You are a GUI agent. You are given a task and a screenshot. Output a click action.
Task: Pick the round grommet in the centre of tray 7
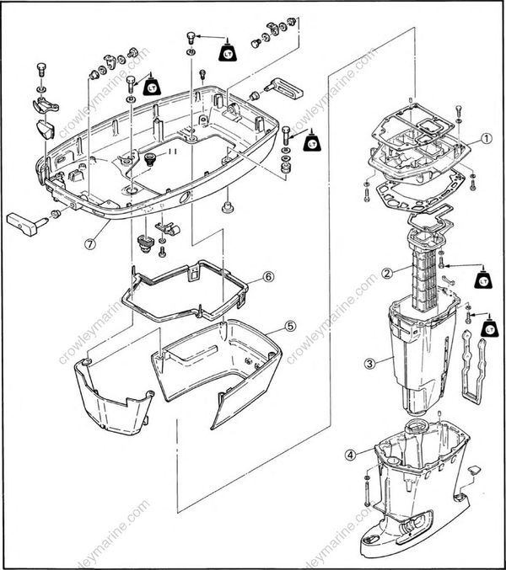[153, 159]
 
